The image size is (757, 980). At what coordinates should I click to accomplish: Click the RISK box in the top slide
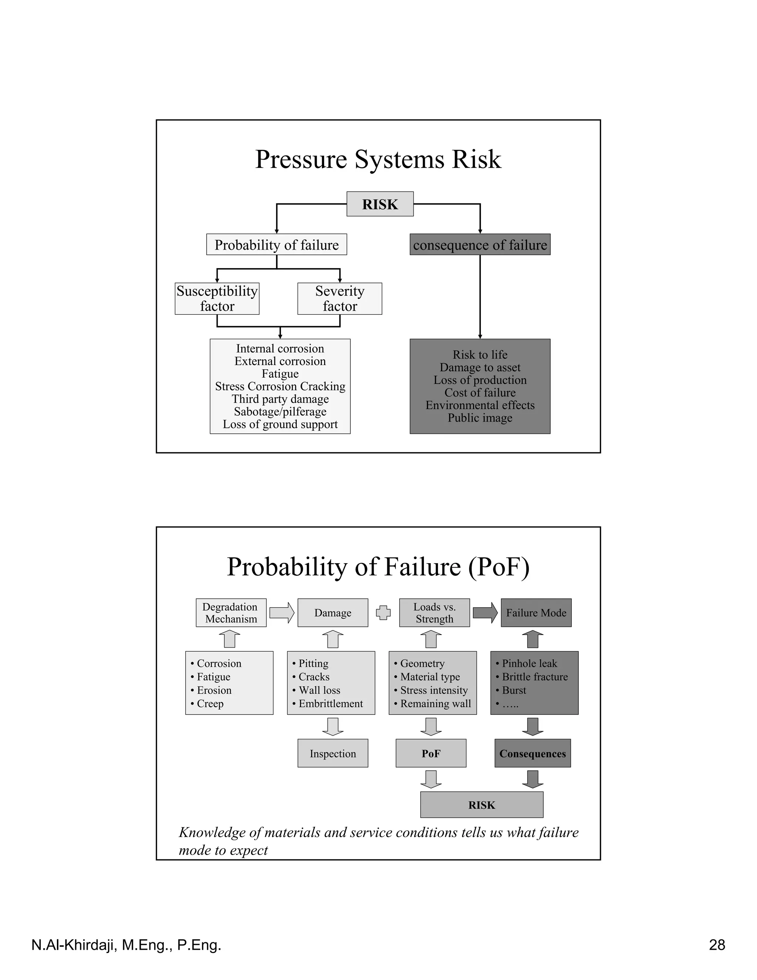coord(380,204)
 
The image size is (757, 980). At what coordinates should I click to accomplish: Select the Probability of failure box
coord(277,244)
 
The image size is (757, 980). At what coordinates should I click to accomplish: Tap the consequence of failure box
coord(480,244)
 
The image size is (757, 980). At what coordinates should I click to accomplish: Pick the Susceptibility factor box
coord(217,298)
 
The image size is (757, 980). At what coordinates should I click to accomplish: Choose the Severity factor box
coord(340,298)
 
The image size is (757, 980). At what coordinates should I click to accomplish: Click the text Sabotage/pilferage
coord(280,412)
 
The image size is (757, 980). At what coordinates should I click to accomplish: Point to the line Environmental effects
coord(480,405)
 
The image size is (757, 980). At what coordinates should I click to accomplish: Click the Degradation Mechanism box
coord(231,612)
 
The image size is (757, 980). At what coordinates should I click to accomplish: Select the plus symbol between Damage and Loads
coord(383,612)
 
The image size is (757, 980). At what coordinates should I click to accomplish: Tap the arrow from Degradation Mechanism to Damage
coord(282,612)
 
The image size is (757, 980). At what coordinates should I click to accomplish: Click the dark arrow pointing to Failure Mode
coord(485,612)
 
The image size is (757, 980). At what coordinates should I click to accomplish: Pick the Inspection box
coord(333,753)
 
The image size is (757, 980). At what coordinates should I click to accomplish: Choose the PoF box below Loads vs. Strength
coord(431,753)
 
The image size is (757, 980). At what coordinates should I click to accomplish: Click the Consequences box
coord(533,753)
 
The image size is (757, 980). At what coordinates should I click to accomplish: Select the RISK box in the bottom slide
coord(482,805)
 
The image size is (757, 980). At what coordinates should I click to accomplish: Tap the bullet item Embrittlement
coord(327,704)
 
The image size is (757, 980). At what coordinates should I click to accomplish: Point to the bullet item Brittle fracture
coord(532,677)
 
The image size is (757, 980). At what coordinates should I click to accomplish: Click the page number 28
coord(717,945)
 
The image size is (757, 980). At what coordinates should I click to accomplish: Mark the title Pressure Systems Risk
coord(378,159)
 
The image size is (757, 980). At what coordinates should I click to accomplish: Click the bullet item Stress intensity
coord(431,690)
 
